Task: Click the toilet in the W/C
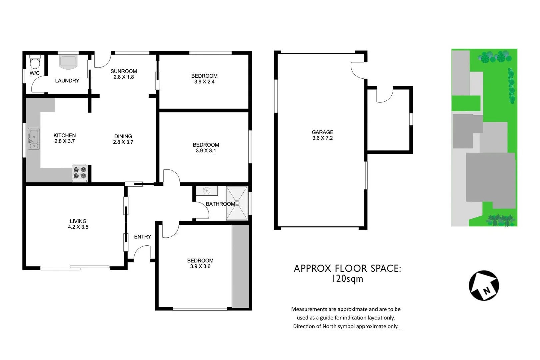[x=35, y=62]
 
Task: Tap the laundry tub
[x=68, y=62]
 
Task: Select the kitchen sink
[x=34, y=139]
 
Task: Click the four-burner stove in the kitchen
[x=80, y=173]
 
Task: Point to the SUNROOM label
[x=124, y=71]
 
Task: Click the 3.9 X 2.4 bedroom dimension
[x=204, y=82]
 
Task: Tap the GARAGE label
[x=322, y=132]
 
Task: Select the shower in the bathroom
[x=237, y=203]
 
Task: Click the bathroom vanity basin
[x=206, y=191]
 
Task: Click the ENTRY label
[x=142, y=237]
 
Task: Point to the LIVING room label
[x=78, y=221]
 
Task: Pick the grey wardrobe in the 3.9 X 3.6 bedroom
[x=240, y=266]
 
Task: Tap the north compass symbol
[x=484, y=285]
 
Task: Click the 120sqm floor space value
[x=347, y=279]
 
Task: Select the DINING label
[x=123, y=136]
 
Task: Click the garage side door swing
[x=358, y=70]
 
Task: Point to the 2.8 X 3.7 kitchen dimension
[x=65, y=141]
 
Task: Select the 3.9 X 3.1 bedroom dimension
[x=206, y=151]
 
